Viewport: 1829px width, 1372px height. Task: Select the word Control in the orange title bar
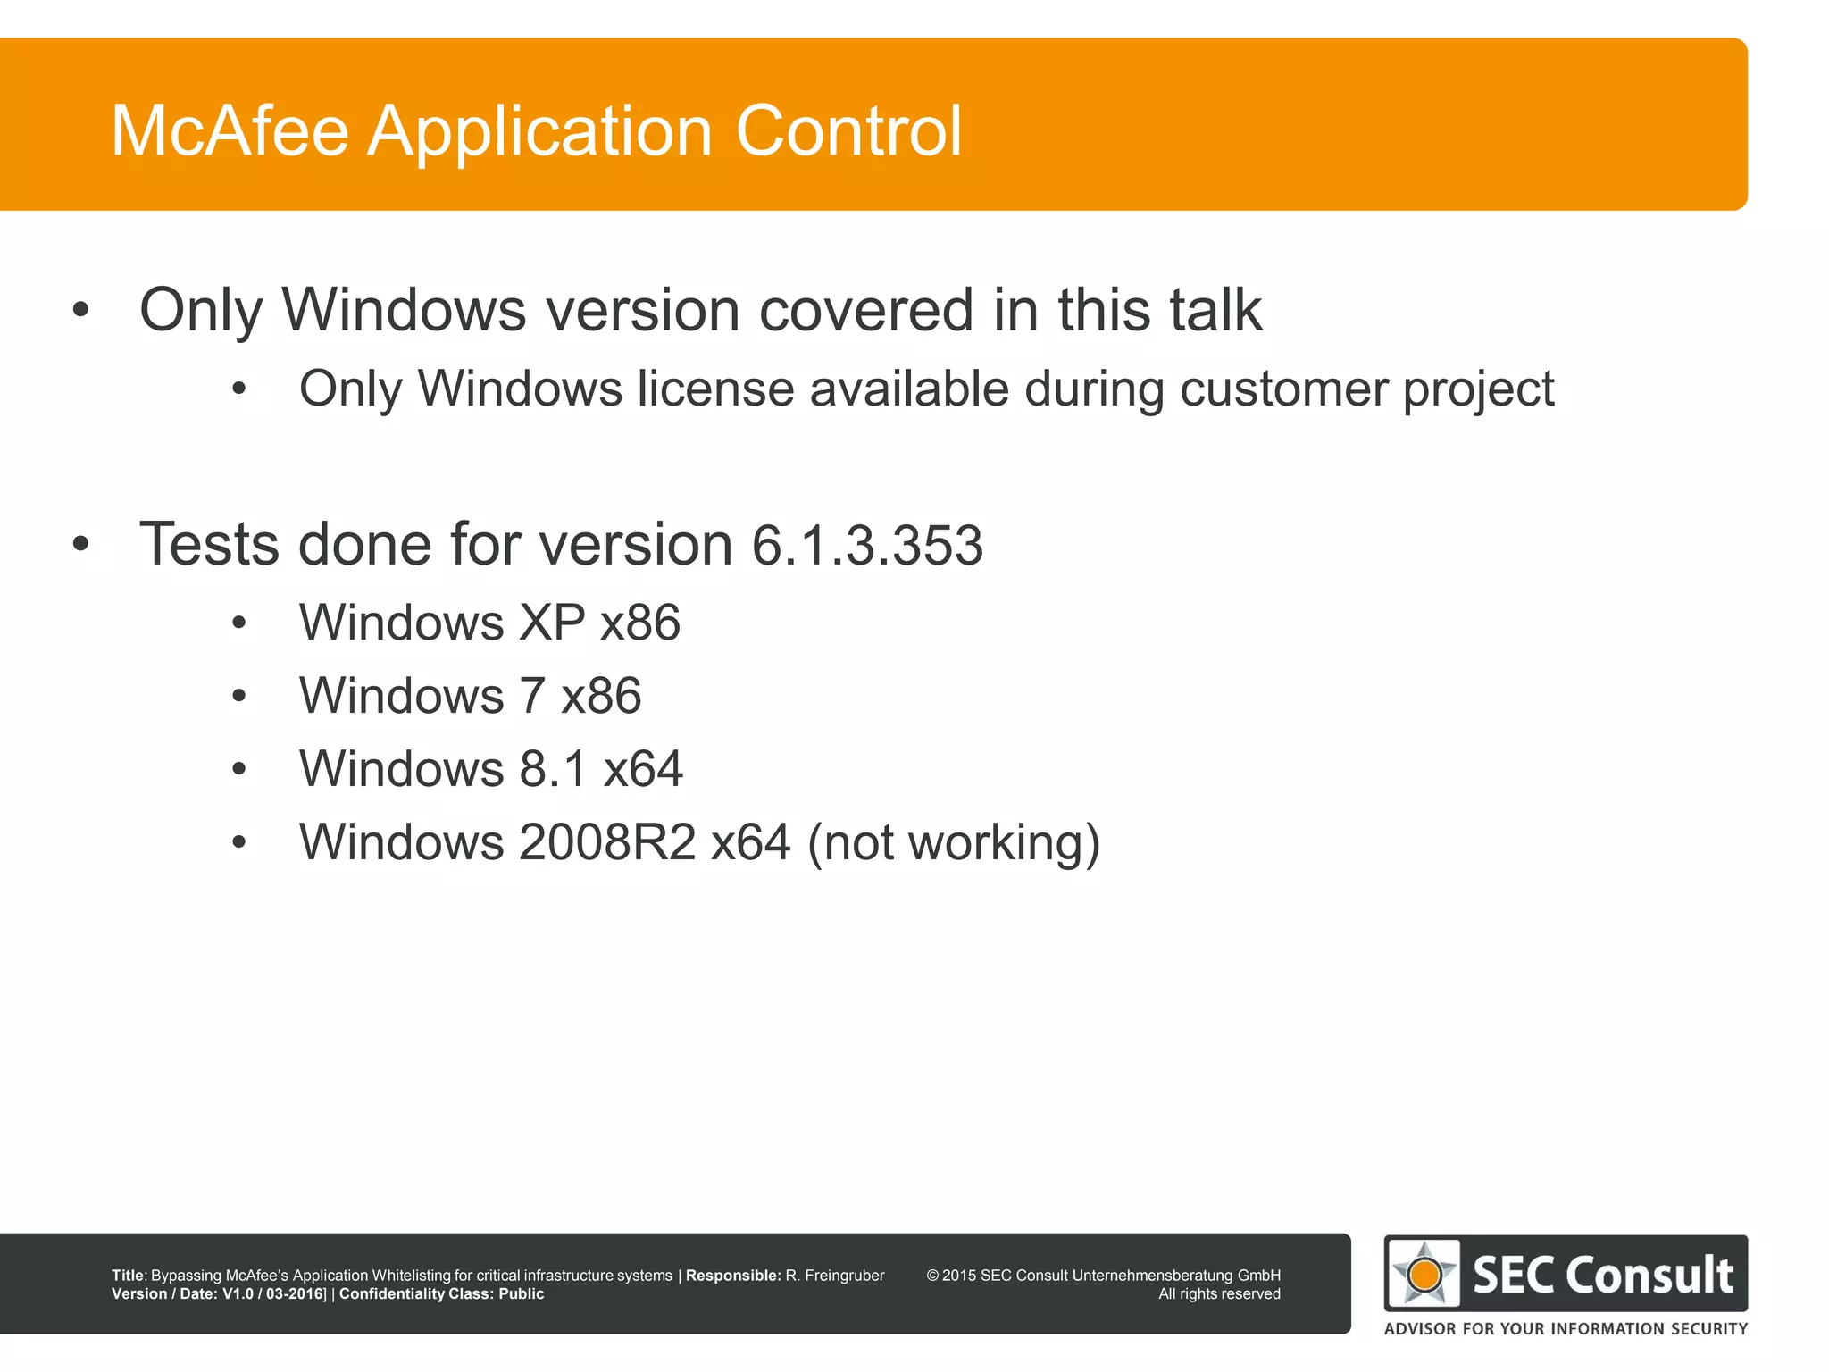click(x=848, y=131)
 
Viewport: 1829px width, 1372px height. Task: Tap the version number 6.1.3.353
click(x=867, y=545)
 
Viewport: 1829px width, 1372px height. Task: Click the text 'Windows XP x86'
click(x=489, y=623)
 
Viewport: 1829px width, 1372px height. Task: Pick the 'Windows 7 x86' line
click(x=470, y=696)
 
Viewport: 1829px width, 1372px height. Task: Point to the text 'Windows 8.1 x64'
click(x=491, y=769)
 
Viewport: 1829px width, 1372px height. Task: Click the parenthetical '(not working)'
click(x=953, y=842)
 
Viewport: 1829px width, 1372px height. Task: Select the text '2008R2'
click(x=606, y=842)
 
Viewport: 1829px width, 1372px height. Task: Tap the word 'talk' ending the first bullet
click(x=1215, y=310)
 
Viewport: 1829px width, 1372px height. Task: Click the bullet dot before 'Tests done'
click(x=81, y=544)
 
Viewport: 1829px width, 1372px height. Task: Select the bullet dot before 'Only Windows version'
click(x=81, y=310)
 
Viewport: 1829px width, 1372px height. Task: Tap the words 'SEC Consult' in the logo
click(x=1603, y=1275)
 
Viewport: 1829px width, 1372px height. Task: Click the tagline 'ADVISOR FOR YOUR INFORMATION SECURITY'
click(x=1566, y=1329)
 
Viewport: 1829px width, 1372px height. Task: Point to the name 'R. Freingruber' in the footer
click(x=834, y=1276)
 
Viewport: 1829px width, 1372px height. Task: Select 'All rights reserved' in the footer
click(x=1219, y=1294)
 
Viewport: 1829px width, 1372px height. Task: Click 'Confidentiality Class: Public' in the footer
click(x=441, y=1294)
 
